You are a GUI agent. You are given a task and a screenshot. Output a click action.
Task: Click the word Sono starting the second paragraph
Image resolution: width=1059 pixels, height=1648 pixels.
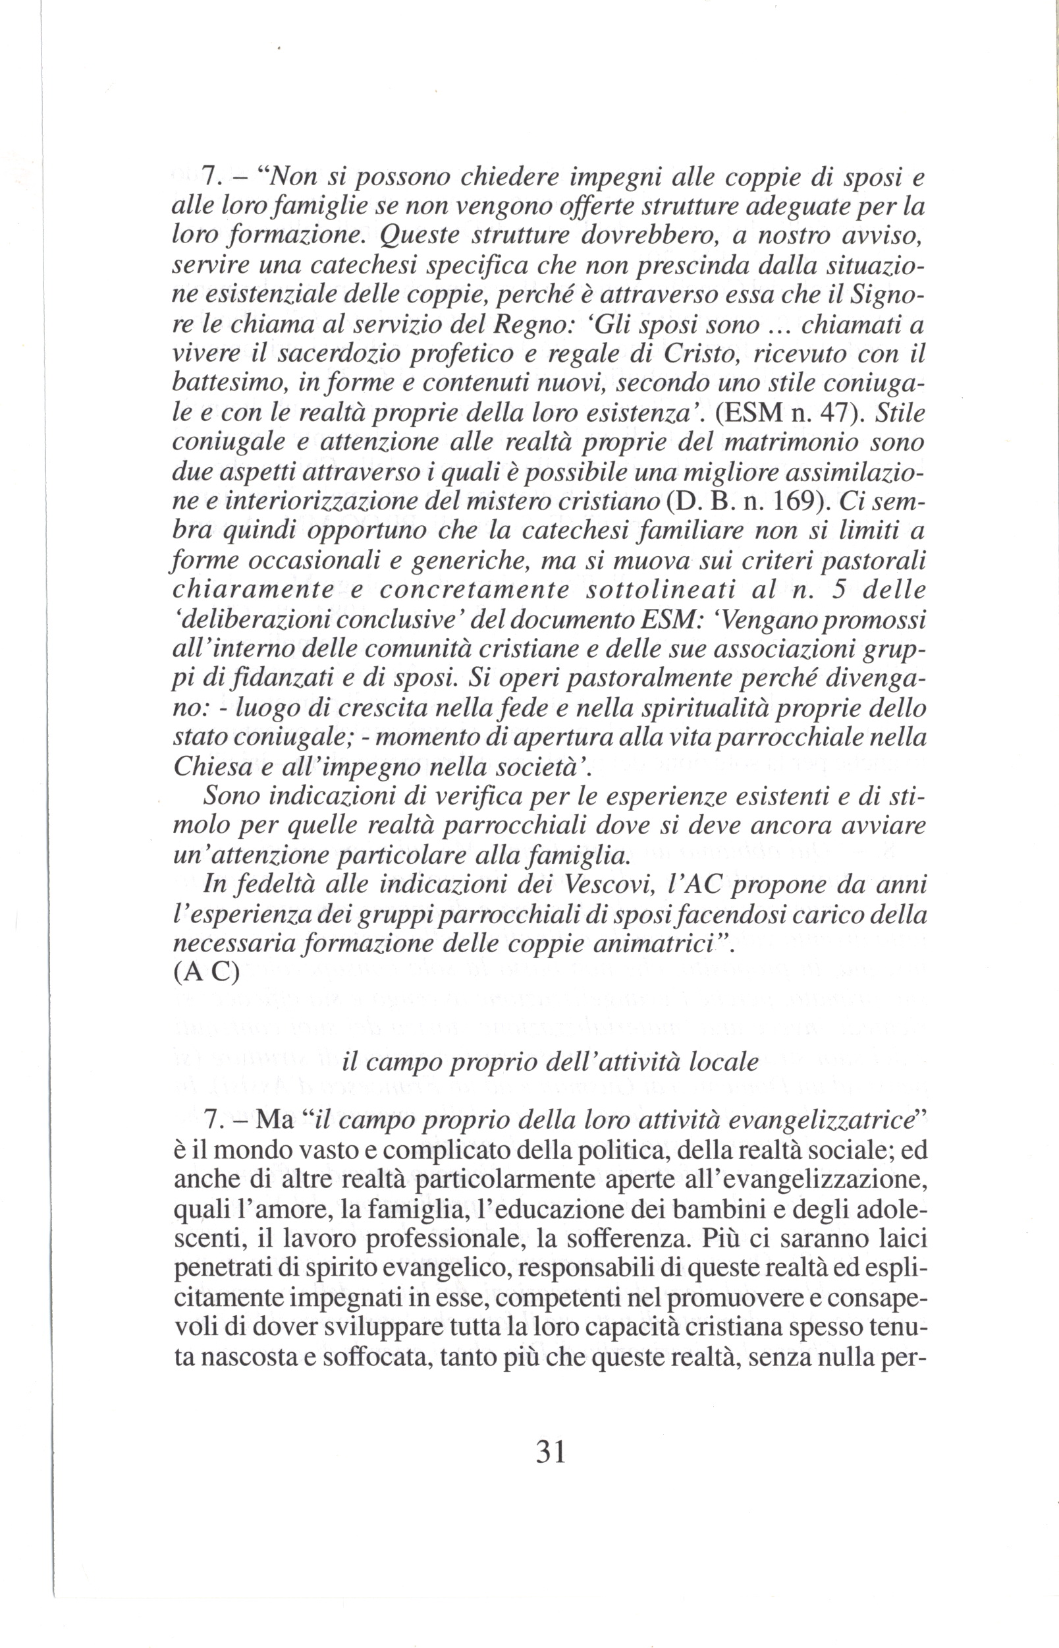point(231,797)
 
